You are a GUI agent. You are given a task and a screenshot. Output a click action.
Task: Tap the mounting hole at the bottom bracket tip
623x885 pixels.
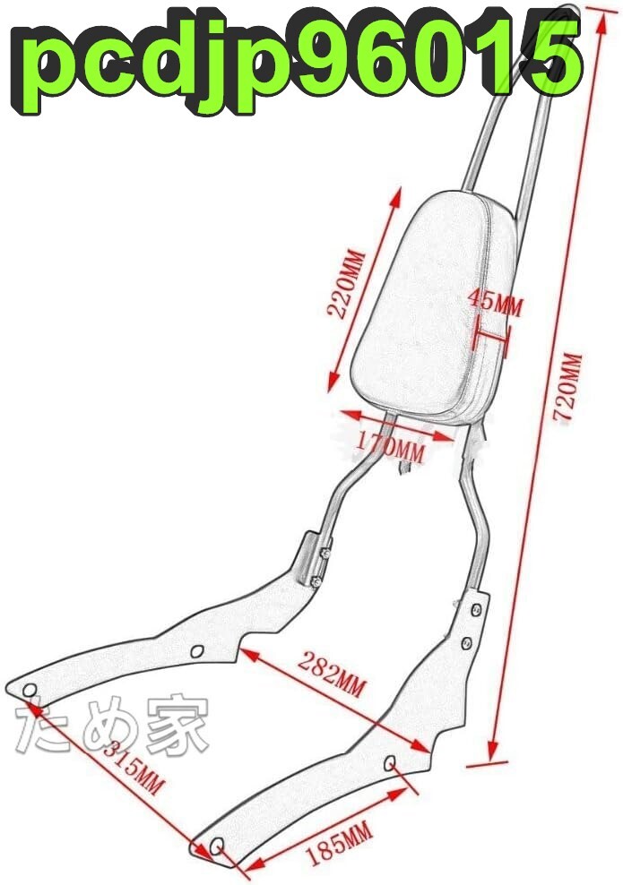click(217, 846)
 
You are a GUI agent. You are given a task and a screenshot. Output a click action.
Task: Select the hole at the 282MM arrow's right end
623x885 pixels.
click(392, 762)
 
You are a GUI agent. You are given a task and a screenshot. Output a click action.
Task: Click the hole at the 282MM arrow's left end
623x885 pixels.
click(198, 649)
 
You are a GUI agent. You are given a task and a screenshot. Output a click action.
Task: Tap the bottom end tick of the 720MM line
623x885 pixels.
click(492, 761)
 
